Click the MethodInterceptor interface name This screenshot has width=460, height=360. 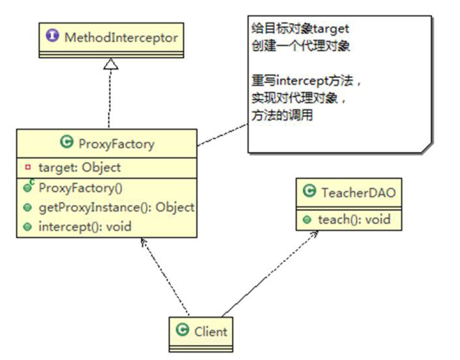click(x=120, y=37)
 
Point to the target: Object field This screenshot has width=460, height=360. click(x=79, y=167)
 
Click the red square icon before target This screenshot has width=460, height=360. click(x=27, y=167)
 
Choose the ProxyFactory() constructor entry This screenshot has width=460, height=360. click(x=80, y=187)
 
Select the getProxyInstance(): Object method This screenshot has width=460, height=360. click(x=116, y=207)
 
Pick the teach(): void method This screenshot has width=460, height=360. click(x=354, y=219)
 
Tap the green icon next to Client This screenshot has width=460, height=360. click(x=182, y=329)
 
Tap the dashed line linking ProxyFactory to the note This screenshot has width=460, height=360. click(x=222, y=134)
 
